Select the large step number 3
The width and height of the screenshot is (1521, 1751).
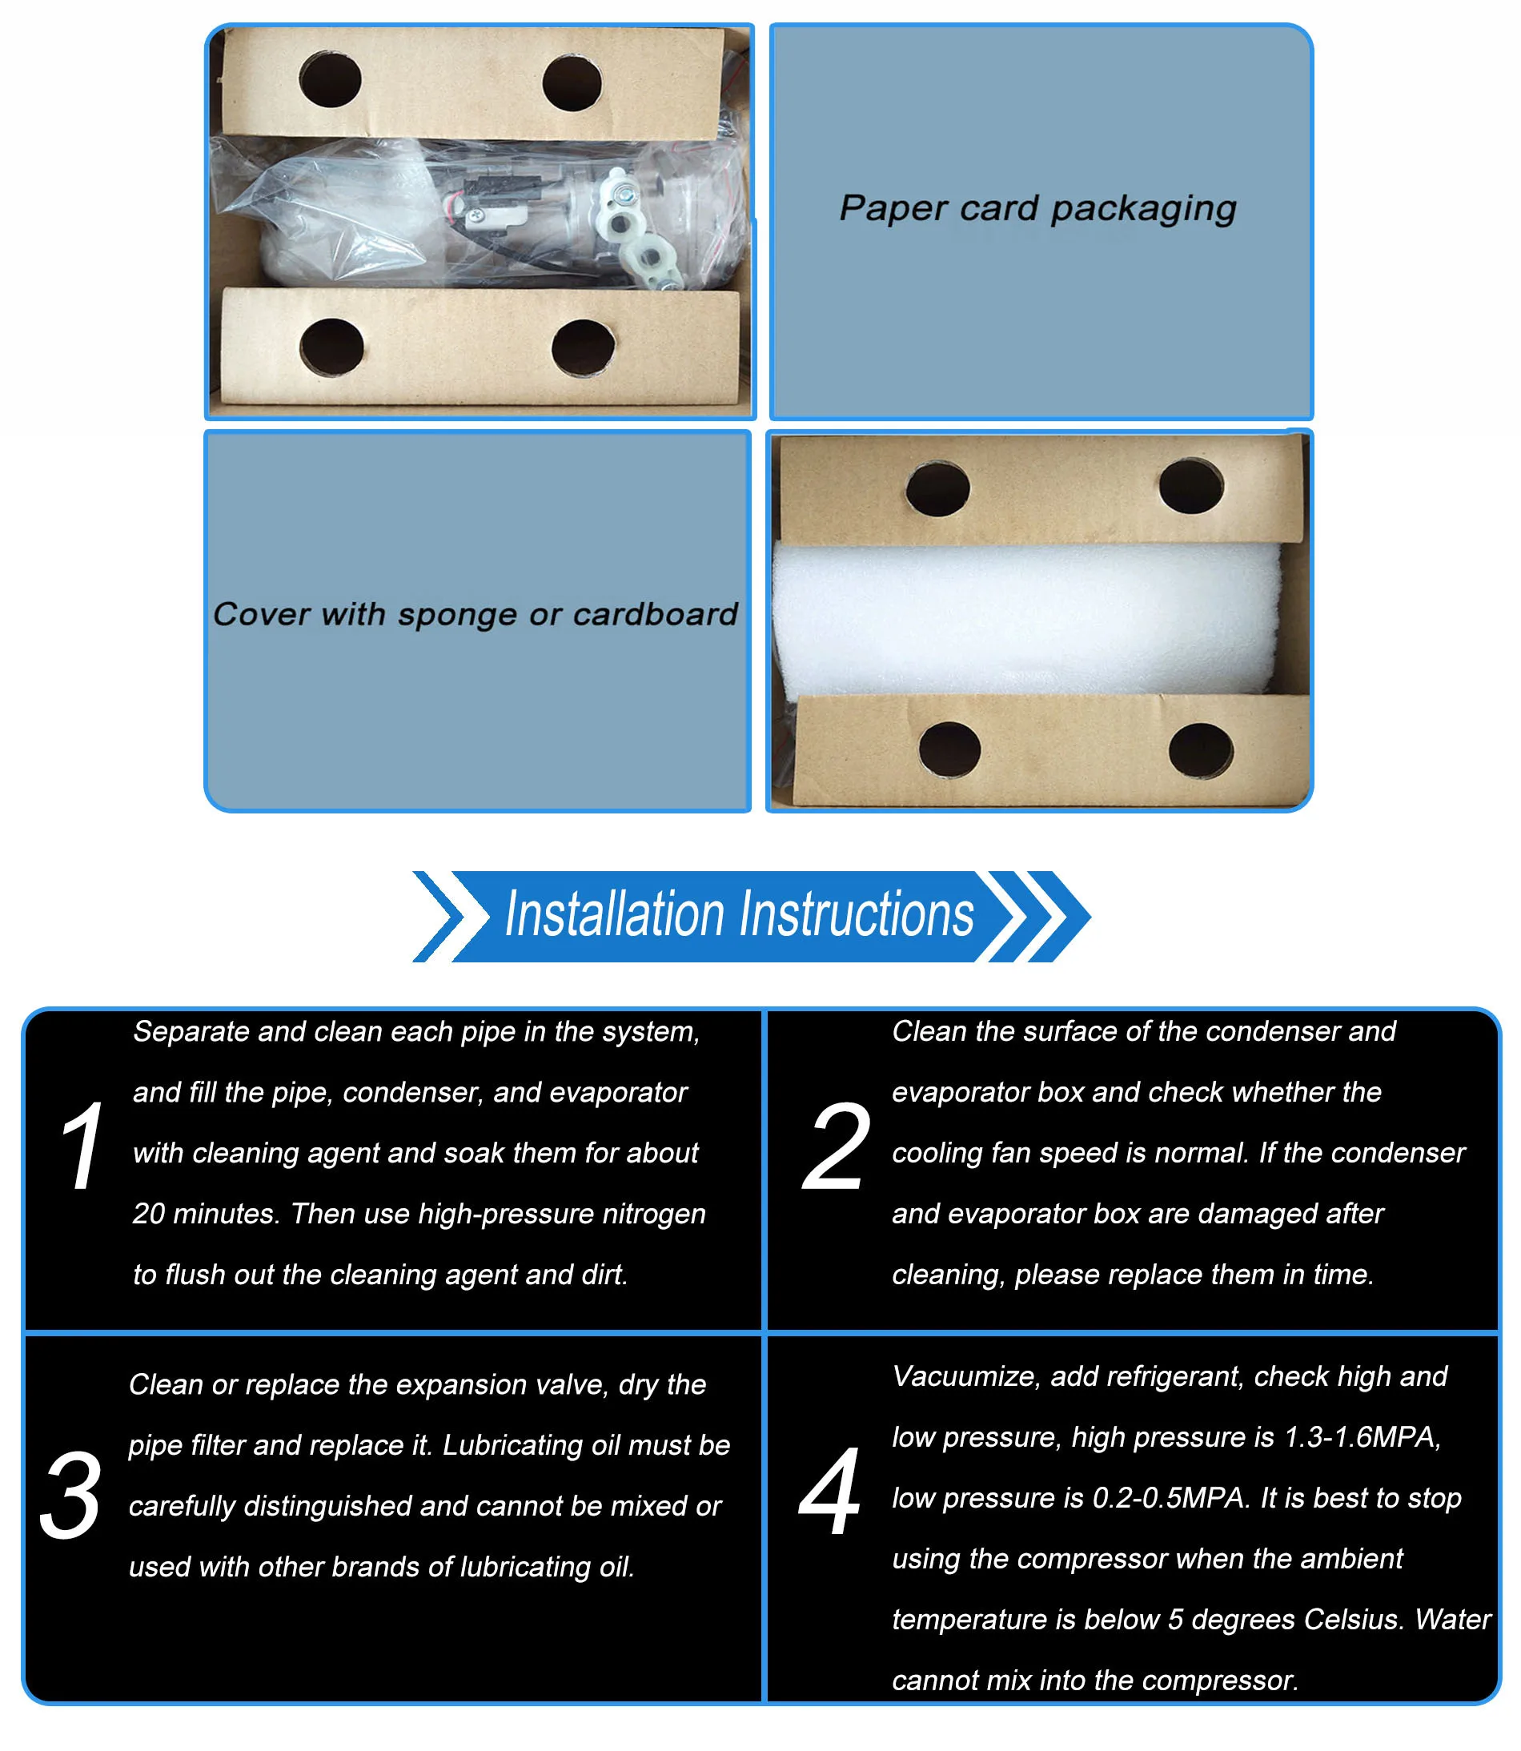[x=71, y=1495]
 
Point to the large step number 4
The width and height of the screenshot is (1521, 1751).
[x=830, y=1492]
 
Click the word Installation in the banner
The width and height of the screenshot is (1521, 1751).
[x=615, y=914]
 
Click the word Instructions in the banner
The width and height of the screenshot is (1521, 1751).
[x=857, y=914]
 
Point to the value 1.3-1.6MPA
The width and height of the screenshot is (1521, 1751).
[x=1362, y=1437]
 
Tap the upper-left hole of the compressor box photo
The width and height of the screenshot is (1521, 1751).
[x=330, y=79]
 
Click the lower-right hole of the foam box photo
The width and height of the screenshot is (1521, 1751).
[x=1201, y=750]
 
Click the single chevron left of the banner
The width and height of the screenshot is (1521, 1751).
[x=439, y=916]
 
